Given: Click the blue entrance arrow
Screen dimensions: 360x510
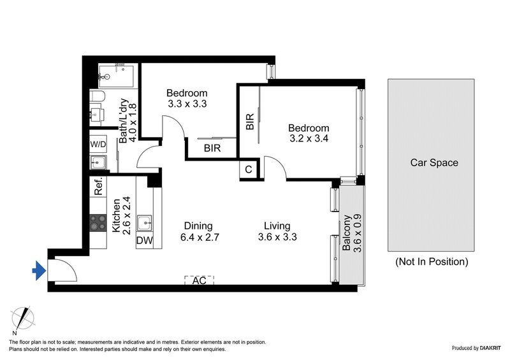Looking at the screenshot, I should tap(39, 272).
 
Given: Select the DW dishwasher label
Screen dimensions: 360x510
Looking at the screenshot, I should tap(144, 240).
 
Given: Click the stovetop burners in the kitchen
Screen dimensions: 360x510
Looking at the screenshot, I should tap(98, 222).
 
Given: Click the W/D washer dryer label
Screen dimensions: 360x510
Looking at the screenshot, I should tap(98, 144).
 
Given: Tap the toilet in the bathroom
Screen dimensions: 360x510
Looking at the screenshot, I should tap(96, 98).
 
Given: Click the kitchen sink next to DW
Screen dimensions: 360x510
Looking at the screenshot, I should tap(145, 222).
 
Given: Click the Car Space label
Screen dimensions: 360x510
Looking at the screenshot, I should tap(433, 162).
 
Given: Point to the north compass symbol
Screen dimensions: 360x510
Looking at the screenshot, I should tap(24, 319).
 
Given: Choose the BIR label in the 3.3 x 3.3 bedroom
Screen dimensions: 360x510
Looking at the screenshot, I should tap(213, 148).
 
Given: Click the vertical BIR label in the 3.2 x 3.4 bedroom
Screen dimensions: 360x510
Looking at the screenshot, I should tap(250, 121).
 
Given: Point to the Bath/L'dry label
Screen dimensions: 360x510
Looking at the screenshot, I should tap(129, 122).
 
